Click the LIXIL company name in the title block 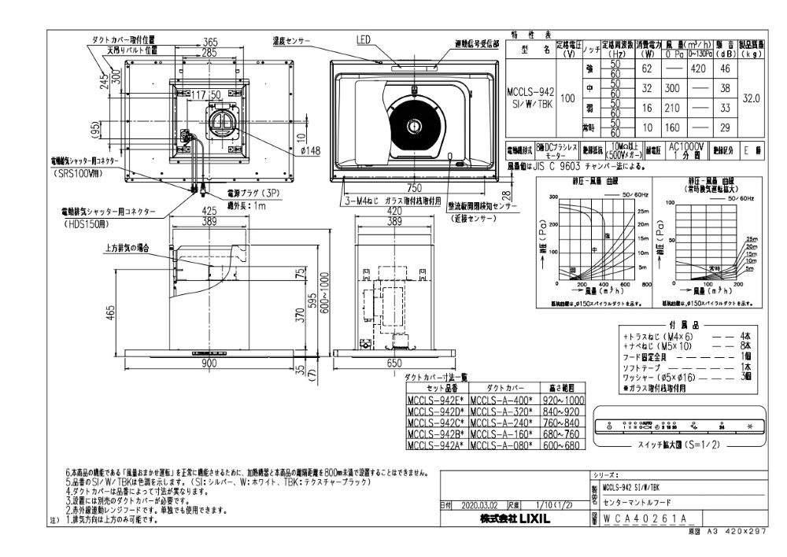pos(515,519)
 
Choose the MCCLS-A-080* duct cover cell pos(501,444)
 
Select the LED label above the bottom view pos(363,39)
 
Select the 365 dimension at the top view pos(209,41)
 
